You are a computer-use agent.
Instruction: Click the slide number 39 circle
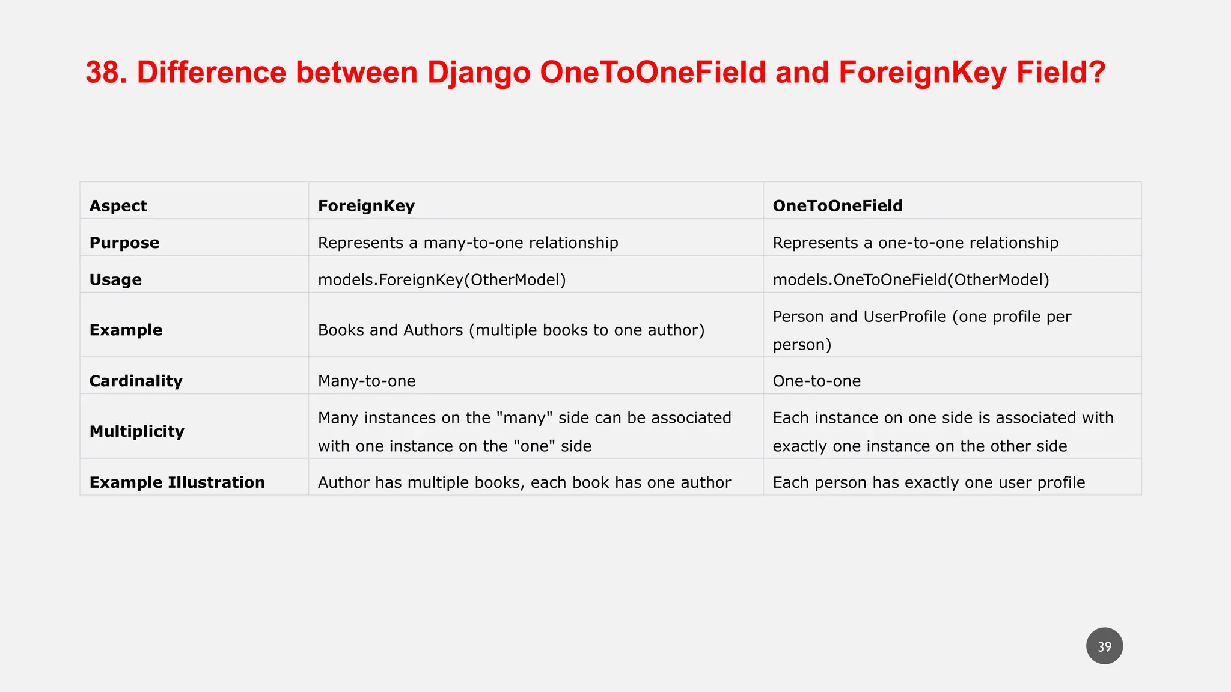(1104, 646)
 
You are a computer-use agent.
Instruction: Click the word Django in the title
(478, 73)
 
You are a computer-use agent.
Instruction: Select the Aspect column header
(118, 206)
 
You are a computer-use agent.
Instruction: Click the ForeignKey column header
(366, 206)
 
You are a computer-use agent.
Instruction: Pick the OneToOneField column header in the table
(837, 206)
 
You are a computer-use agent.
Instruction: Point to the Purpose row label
(124, 243)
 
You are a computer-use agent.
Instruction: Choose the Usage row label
(115, 280)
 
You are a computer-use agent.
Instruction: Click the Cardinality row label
(136, 381)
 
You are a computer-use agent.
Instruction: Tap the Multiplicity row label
(137, 431)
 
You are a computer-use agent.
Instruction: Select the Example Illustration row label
(177, 482)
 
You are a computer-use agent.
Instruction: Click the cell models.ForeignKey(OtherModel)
(442, 280)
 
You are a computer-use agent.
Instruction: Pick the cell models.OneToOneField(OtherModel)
(911, 280)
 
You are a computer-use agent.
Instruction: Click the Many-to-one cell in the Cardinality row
(367, 381)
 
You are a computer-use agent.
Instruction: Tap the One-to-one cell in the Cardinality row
(817, 381)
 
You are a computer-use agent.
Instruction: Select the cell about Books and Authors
(511, 330)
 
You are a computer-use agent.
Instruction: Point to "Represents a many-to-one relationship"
(468, 243)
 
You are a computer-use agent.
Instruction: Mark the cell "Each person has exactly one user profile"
(929, 482)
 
